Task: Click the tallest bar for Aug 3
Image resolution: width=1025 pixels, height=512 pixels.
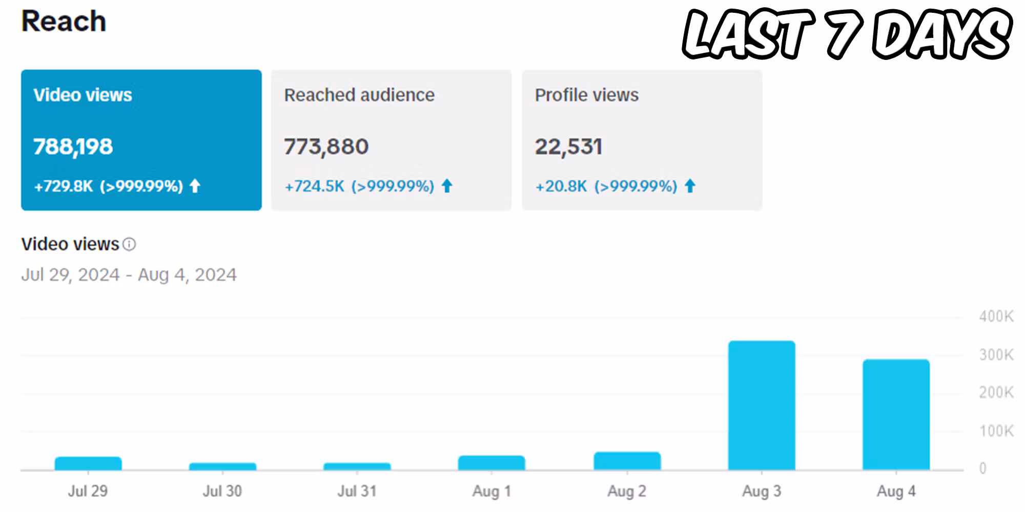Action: [762, 405]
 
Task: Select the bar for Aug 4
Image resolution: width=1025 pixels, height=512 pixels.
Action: [896, 414]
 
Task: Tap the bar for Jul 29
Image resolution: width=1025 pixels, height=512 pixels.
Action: [88, 463]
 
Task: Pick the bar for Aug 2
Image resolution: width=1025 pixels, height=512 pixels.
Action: [627, 461]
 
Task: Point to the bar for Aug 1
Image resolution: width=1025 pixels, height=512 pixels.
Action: [491, 463]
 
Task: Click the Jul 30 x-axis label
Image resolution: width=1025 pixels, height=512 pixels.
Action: [222, 491]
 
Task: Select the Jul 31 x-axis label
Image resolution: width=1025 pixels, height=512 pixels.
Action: [357, 491]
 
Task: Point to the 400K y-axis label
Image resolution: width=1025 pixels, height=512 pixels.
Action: [996, 316]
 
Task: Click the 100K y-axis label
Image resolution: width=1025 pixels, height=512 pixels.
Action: [996, 431]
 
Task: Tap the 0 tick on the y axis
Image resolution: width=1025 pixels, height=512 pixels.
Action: [982, 468]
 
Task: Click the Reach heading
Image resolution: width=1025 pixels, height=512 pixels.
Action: [64, 22]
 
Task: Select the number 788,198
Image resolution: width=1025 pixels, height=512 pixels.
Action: [73, 147]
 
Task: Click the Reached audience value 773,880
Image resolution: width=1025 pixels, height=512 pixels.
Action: [326, 147]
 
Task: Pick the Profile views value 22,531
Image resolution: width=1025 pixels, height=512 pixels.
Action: [568, 147]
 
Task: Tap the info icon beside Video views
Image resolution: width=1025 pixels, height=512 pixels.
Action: [130, 244]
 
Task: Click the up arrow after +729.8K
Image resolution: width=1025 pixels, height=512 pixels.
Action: [195, 186]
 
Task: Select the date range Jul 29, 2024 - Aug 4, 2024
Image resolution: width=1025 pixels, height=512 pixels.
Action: [129, 275]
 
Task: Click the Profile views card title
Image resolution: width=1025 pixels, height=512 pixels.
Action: [586, 95]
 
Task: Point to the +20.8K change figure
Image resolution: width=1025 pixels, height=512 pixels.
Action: [561, 186]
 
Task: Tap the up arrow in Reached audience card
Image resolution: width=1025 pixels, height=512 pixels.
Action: [447, 186]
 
